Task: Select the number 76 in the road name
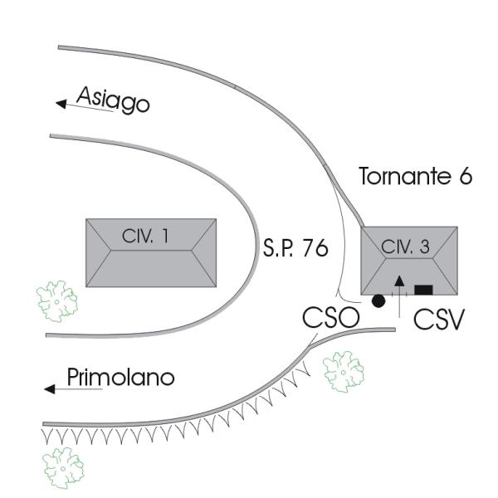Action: point(314,250)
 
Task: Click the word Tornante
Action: point(402,177)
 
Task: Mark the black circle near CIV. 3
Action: point(378,300)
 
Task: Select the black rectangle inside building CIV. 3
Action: point(423,290)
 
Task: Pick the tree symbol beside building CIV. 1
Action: point(57,300)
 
